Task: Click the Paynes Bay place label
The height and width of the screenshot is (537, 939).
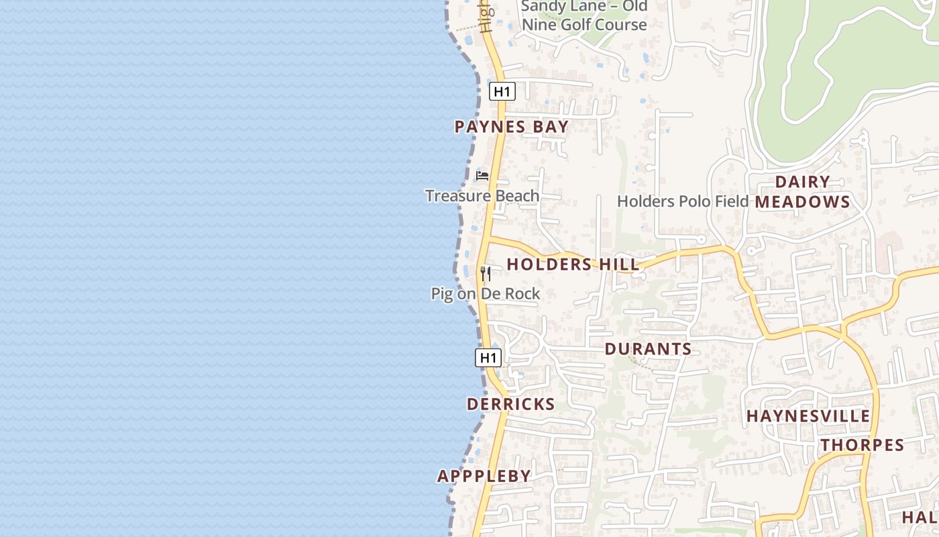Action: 511,127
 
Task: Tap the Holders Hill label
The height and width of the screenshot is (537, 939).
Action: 573,264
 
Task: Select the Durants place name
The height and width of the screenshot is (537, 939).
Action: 648,349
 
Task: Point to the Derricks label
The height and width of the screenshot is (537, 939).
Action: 510,404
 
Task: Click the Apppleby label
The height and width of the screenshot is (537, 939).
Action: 484,477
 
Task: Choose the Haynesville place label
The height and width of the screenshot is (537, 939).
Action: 808,416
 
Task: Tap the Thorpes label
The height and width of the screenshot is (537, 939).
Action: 863,445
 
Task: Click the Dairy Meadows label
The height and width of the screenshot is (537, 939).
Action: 803,192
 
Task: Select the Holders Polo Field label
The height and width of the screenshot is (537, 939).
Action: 683,201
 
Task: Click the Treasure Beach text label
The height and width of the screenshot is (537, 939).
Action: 482,196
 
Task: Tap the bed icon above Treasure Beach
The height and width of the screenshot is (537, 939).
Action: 482,176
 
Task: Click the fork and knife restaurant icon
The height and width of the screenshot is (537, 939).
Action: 486,273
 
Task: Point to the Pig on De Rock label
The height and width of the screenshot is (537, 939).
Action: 485,294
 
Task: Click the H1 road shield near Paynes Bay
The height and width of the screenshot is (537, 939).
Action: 502,91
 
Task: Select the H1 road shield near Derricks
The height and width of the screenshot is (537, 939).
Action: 488,358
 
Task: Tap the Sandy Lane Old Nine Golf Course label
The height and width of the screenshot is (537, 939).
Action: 584,16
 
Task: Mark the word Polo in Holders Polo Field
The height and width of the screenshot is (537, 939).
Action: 694,201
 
